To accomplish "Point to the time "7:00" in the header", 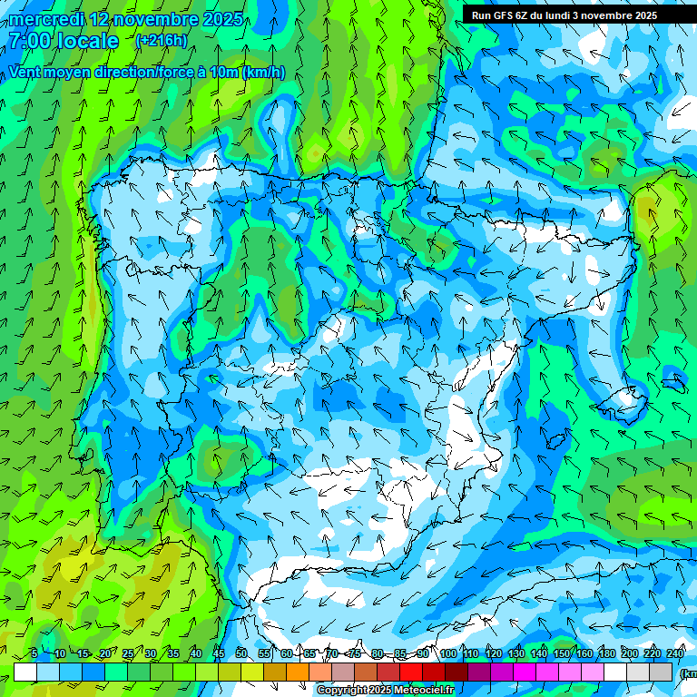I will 28,41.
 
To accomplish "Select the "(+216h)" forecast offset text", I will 161,40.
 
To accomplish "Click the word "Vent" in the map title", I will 27,72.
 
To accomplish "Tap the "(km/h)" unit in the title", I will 263,72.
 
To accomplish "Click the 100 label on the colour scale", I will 448,653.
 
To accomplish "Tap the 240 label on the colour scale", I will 675,653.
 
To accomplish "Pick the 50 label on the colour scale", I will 241,653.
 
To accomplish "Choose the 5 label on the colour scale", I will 34,653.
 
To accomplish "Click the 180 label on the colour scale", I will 606,653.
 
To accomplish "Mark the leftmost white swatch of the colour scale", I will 25,672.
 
